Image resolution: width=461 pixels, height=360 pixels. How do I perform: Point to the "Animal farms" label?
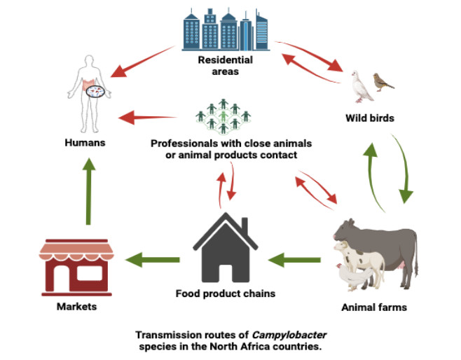[x=373, y=307]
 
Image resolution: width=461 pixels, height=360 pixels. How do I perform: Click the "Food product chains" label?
[x=225, y=293]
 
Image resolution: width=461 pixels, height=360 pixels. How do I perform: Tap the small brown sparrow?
[x=383, y=81]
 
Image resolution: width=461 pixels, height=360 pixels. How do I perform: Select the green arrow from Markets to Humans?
[x=88, y=191]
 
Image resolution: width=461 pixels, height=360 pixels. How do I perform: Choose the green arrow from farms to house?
[x=293, y=261]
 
